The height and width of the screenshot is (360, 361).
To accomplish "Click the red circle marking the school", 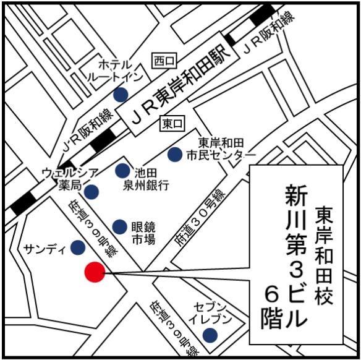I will coord(95,272).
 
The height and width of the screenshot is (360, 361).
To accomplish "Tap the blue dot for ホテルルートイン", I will coord(121,94).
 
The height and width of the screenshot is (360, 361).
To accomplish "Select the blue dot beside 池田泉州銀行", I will coord(123,171).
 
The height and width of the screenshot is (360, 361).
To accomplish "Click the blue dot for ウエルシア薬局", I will coord(92,191).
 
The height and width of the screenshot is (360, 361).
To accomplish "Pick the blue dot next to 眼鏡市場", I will coord(120,227).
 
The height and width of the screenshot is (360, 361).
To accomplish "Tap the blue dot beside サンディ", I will coord(78,247).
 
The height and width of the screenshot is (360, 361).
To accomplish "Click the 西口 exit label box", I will coord(165,61).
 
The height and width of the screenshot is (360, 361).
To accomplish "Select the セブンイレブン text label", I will coord(213,313).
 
